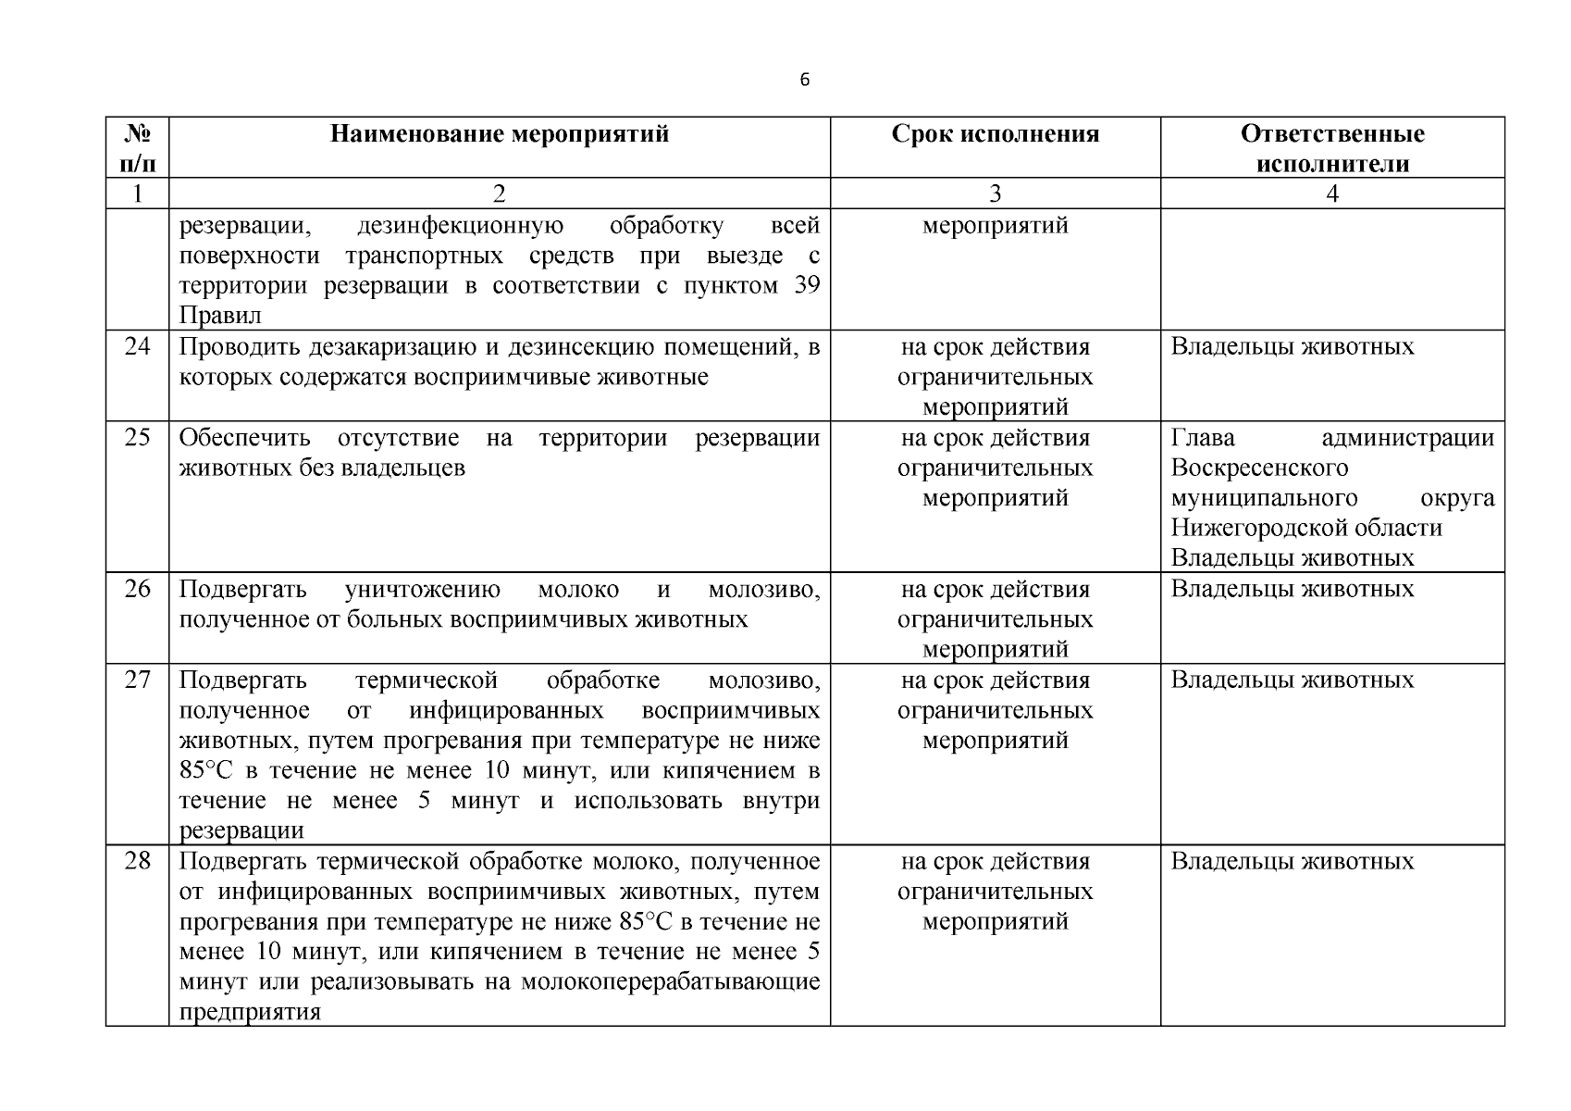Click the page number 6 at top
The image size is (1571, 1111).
804,81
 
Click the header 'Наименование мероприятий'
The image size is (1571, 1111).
500,134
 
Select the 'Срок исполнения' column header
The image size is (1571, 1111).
996,134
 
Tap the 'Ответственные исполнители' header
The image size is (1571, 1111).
1332,148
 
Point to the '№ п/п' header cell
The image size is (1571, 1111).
137,148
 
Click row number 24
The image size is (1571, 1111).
137,347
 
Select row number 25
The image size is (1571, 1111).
137,438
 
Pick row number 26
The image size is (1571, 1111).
137,590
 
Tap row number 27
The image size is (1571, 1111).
137,680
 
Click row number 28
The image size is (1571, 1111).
137,862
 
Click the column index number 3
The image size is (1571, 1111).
996,193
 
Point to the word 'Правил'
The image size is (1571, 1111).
220,316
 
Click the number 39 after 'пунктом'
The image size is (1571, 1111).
807,285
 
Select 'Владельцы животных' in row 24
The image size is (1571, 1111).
1293,347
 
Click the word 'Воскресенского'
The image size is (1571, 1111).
1259,468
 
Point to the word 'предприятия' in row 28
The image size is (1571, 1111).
250,1012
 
